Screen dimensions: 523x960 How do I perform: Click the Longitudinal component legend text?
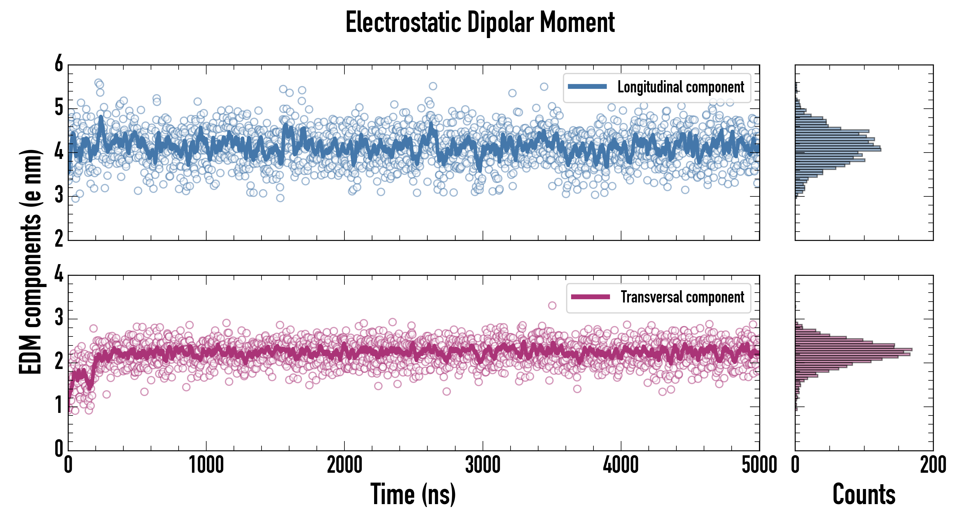[x=680, y=87]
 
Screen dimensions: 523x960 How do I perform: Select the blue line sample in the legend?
[x=587, y=87]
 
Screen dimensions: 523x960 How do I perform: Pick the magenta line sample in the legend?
[x=590, y=297]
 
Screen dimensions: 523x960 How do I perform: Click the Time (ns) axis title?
[x=413, y=494]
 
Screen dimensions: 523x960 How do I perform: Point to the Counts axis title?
[x=864, y=494]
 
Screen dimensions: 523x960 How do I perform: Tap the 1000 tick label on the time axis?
[x=206, y=465]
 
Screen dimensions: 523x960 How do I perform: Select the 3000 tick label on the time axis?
[x=483, y=465]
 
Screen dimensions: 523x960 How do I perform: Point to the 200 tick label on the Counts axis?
[x=933, y=465]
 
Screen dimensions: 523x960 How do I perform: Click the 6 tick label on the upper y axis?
[x=59, y=64]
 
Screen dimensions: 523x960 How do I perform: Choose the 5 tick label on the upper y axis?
[x=59, y=108]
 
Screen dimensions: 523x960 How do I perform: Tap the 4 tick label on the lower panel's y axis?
[x=59, y=275]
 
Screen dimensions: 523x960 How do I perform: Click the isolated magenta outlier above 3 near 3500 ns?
[x=552, y=306]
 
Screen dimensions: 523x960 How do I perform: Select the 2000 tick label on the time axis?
[x=344, y=465]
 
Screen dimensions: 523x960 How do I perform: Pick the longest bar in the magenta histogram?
[x=854, y=350]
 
